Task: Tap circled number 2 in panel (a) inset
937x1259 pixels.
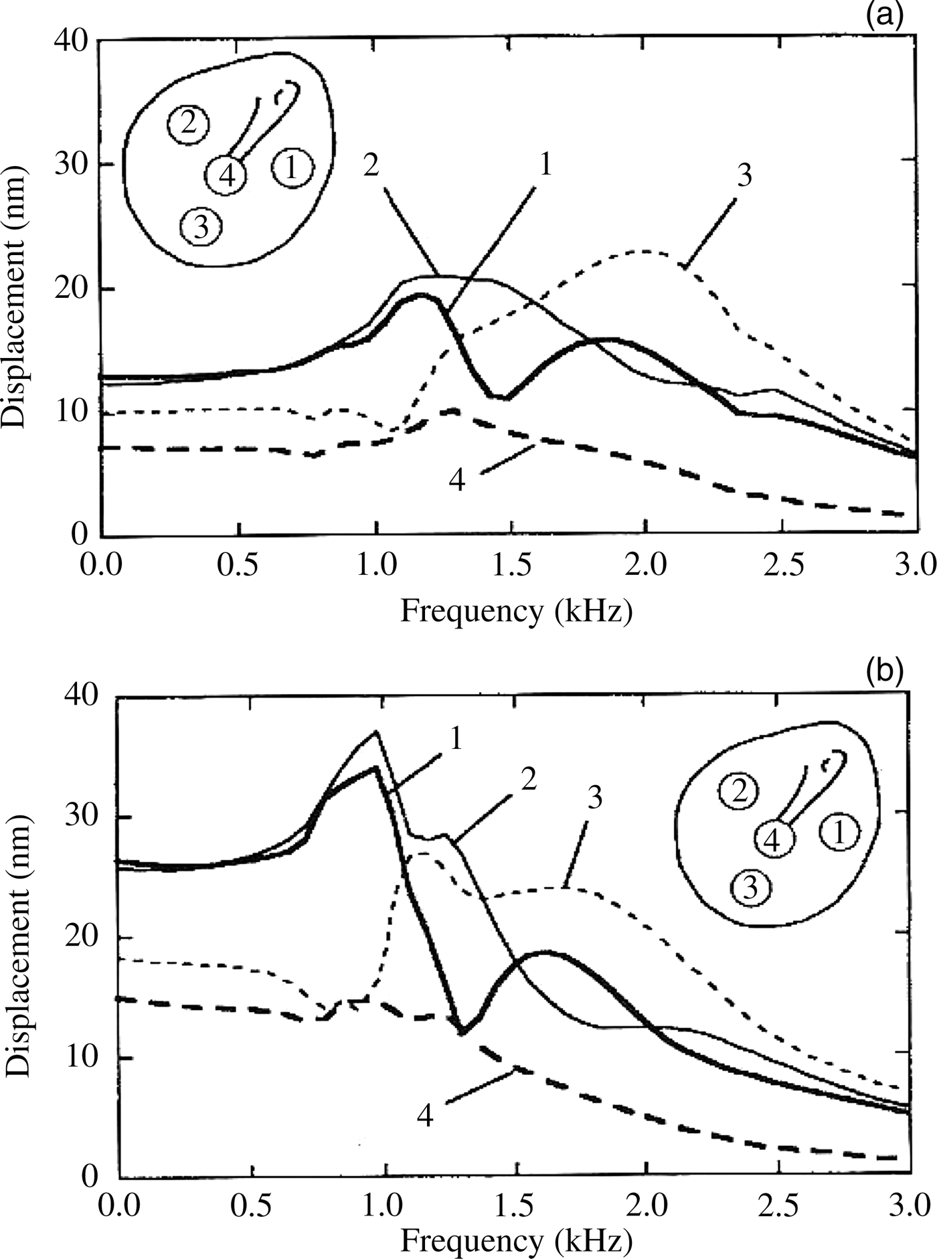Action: point(188,124)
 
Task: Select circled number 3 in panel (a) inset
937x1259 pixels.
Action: point(201,228)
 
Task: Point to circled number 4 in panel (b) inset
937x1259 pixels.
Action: point(773,841)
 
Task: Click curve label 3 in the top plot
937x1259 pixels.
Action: point(744,175)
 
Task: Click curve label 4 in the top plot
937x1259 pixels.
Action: point(456,481)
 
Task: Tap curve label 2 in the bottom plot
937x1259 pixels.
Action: point(528,780)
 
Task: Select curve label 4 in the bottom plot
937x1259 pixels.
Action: point(426,1115)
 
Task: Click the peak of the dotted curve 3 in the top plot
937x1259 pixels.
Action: point(644,252)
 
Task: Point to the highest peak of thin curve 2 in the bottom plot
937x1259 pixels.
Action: point(376,732)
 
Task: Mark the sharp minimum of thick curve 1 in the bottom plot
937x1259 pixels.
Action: point(462,1033)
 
